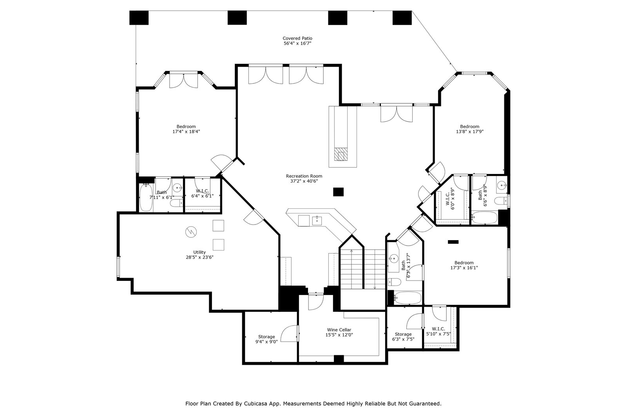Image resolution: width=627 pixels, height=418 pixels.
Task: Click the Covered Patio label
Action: [297, 38]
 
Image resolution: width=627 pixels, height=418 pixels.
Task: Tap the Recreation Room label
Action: [304, 176]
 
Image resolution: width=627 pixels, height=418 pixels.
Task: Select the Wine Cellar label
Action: [339, 330]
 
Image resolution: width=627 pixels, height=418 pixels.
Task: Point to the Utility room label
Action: [199, 252]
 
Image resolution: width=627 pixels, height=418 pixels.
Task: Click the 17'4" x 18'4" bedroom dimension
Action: [186, 132]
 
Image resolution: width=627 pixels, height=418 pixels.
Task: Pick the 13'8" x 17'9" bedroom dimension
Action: [470, 132]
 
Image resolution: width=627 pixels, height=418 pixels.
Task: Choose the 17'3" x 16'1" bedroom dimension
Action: [464, 268]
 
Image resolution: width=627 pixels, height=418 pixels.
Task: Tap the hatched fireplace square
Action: [341, 154]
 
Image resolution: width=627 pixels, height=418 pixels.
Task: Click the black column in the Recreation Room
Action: [338, 192]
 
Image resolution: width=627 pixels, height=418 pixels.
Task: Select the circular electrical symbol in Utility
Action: [191, 232]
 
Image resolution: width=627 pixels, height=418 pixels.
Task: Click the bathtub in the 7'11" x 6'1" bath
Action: [146, 197]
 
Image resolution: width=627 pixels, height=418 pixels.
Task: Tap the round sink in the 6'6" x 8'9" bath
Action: [502, 185]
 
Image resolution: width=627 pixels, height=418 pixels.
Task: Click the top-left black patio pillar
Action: [139, 18]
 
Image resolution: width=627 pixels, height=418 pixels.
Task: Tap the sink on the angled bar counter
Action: [317, 221]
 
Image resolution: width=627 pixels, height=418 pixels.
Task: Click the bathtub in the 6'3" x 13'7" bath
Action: [408, 298]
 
